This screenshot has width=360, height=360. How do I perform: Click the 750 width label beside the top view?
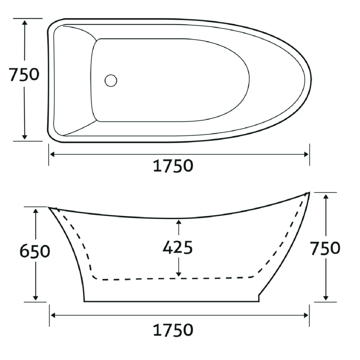point(24,74)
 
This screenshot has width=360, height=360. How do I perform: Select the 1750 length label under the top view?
point(173,166)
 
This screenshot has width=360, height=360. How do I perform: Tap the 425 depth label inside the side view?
point(177,247)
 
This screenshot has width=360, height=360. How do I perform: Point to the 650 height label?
point(35,251)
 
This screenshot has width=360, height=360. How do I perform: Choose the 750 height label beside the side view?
point(325,248)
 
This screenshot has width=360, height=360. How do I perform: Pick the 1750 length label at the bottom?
point(173,330)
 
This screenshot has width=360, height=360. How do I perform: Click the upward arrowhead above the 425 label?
point(179,222)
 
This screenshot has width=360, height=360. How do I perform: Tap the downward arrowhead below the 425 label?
point(179,274)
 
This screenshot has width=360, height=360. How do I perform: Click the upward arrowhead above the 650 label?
point(36,211)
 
